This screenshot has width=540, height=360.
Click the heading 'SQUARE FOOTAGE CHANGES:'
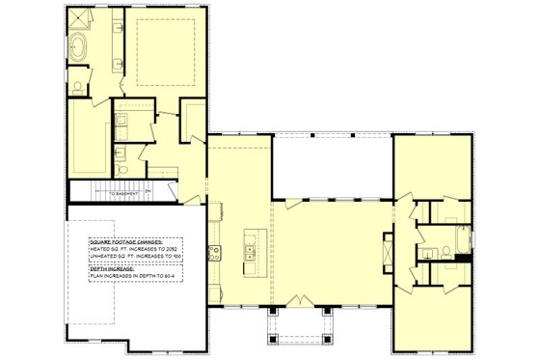point(125,240)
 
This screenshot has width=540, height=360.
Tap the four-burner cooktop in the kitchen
point(216,254)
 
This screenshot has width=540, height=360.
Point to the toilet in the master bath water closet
point(123,168)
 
